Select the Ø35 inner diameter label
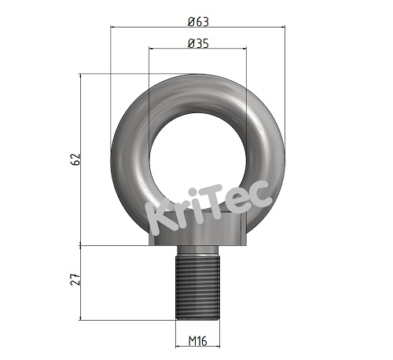[198, 44]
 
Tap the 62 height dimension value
[75, 160]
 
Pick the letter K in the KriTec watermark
[159, 221]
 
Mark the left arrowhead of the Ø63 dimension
[113, 28]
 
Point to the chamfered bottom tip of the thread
[197, 316]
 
